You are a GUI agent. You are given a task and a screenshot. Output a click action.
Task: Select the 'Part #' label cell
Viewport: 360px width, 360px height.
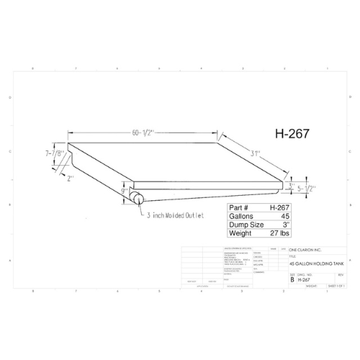click(x=240, y=207)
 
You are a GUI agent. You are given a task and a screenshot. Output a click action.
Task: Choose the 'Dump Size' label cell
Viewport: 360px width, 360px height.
click(x=246, y=224)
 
